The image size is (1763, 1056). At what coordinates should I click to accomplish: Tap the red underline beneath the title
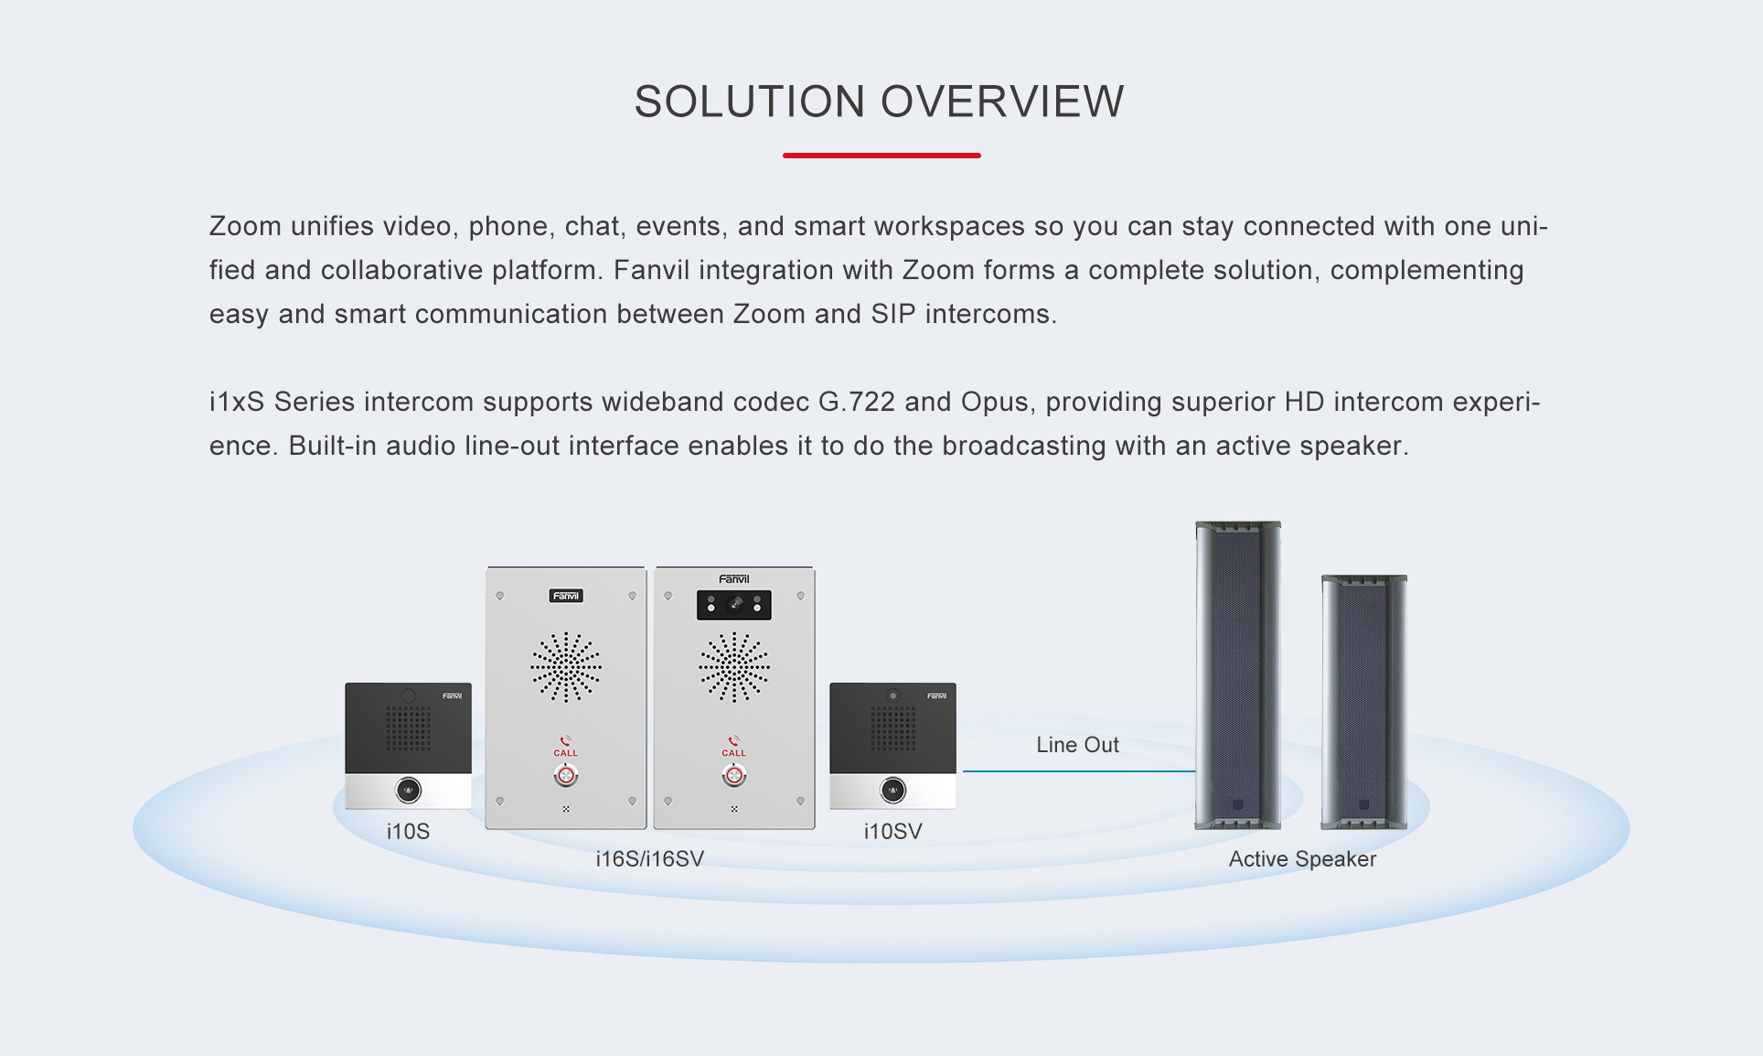click(x=881, y=156)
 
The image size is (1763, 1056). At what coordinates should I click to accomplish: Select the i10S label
click(x=408, y=832)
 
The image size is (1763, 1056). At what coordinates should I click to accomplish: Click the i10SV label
click(x=892, y=832)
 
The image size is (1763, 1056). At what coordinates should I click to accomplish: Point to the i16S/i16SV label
click(x=649, y=859)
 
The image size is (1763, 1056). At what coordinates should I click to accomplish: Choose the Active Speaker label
click(x=1302, y=859)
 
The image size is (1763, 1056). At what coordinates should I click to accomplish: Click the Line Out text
click(x=1077, y=745)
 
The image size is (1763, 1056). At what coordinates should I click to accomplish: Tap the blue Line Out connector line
click(x=1079, y=771)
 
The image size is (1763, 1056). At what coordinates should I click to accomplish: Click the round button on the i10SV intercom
click(x=892, y=790)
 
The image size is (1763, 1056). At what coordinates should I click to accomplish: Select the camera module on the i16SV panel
click(x=734, y=605)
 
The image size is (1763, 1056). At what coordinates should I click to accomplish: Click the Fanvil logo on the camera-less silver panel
click(x=566, y=596)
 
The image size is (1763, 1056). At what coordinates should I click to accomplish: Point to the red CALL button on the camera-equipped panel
click(x=734, y=776)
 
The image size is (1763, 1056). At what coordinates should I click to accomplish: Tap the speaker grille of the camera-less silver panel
click(x=566, y=667)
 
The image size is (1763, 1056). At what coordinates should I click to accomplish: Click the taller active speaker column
click(x=1238, y=675)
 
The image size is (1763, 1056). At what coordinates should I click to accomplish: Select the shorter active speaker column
click(x=1363, y=702)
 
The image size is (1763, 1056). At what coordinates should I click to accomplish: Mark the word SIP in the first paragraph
click(x=892, y=314)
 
